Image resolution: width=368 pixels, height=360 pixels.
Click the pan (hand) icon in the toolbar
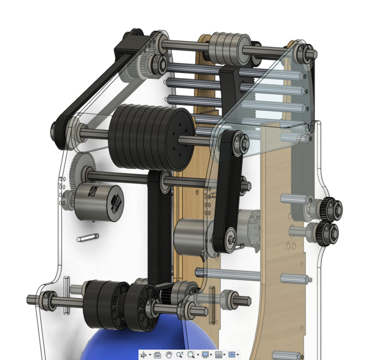point(169,355)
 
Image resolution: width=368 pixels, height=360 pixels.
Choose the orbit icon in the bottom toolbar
point(143,355)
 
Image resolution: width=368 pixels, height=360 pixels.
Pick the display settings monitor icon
point(205,355)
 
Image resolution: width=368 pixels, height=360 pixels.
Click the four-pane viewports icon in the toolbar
point(234,355)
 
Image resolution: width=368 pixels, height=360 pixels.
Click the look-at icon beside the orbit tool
point(157,355)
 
